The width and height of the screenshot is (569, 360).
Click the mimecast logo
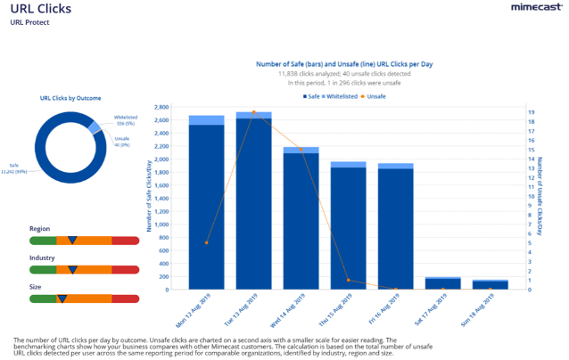point(534,8)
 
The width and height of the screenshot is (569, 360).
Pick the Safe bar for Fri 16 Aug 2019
point(396,228)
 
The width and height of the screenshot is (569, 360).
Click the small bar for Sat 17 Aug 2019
point(442,283)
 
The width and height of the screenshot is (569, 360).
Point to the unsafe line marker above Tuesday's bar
point(253,112)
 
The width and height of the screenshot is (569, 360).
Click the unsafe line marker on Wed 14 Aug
point(301,150)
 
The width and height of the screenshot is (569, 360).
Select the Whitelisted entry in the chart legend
point(342,95)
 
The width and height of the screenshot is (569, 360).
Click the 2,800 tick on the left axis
point(161,107)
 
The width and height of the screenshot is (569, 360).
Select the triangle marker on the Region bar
point(72,241)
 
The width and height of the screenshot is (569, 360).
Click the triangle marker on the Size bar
point(62,298)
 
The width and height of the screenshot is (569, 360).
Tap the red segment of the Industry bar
point(125,269)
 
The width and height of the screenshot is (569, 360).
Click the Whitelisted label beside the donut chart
point(125,118)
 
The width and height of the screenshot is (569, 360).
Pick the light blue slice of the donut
point(95,128)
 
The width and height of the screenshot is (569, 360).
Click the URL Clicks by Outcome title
point(71,97)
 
